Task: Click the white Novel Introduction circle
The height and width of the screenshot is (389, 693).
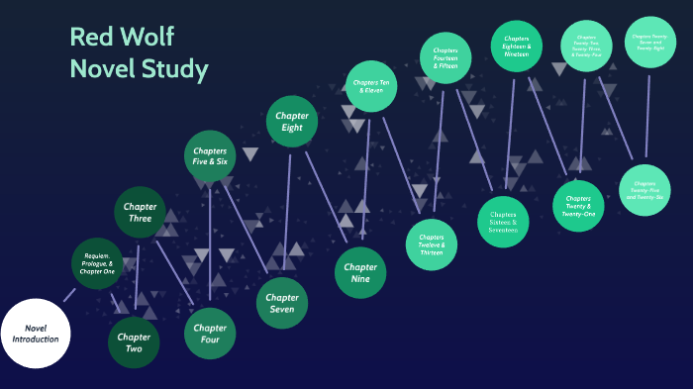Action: [36, 333]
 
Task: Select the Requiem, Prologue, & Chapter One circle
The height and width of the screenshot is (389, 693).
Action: [97, 263]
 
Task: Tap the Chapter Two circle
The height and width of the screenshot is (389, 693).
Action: [134, 342]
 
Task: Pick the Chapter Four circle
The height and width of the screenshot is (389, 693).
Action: [210, 334]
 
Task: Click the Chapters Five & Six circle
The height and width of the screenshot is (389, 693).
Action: [210, 156]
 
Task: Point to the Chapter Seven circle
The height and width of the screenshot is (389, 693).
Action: [282, 303]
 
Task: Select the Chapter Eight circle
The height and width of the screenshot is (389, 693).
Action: [292, 122]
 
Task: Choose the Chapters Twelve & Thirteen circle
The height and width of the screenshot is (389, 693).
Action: [432, 244]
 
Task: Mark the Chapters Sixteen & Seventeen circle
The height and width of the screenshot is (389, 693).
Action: [503, 223]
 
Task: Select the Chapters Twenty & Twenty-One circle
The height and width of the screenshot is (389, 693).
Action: [578, 206]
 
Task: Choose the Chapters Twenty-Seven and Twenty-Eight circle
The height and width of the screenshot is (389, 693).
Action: [648, 41]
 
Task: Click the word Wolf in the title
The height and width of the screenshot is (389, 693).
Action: [148, 38]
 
